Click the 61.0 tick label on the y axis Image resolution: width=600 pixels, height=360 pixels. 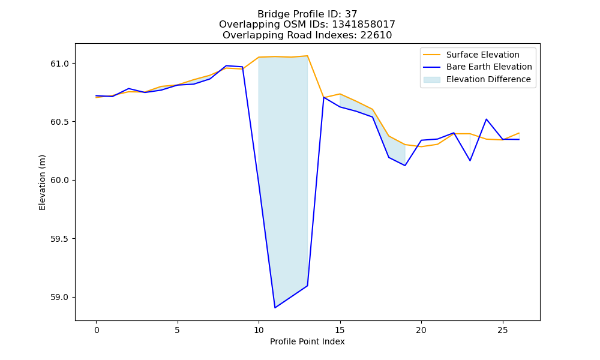[x=59, y=64]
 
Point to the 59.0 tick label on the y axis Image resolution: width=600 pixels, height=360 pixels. [x=59, y=297]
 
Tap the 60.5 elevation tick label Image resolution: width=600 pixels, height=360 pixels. [x=59, y=122]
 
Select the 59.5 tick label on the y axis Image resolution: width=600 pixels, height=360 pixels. [x=59, y=239]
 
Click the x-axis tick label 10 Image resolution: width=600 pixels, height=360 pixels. [x=259, y=330]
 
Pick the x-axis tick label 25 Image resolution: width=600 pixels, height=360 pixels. [x=502, y=330]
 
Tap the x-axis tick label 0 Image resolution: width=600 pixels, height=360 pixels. [x=97, y=330]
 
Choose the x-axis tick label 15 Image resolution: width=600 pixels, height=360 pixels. [x=340, y=330]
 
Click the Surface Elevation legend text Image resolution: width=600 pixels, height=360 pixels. [x=483, y=55]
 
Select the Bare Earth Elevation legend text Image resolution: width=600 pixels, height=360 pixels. [x=489, y=67]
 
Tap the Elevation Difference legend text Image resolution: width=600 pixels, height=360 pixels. [x=488, y=79]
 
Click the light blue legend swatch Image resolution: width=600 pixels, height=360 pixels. [x=431, y=80]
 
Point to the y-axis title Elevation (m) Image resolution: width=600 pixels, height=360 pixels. [x=42, y=182]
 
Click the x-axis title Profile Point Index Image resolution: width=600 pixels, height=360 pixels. [x=307, y=341]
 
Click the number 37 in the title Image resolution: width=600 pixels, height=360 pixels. [x=351, y=14]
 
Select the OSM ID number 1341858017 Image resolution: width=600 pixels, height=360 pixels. [x=364, y=25]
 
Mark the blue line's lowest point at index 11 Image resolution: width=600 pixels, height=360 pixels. [x=275, y=308]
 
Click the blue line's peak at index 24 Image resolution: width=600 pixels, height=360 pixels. [x=487, y=119]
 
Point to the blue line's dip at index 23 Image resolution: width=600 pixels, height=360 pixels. [x=470, y=160]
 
